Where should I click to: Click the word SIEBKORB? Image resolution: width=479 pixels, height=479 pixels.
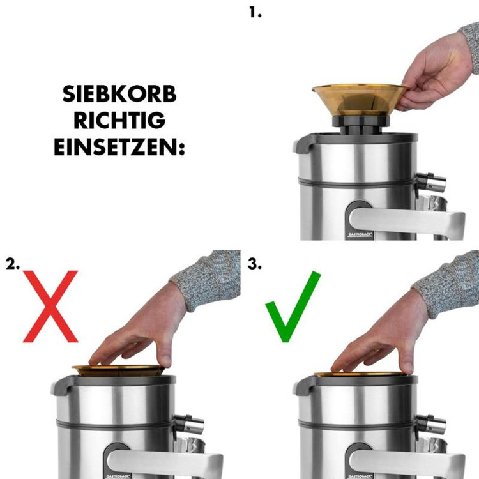[x=119, y=94]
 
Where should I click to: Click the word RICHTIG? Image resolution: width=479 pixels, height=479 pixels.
[x=119, y=121]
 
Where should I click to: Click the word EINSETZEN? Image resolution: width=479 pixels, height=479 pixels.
[x=119, y=148]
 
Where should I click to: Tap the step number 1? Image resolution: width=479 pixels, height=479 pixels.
[x=255, y=13]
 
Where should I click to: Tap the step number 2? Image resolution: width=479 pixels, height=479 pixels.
[x=13, y=264]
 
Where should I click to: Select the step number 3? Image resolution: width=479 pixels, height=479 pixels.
[x=254, y=264]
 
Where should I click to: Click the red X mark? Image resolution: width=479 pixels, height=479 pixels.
[x=50, y=306]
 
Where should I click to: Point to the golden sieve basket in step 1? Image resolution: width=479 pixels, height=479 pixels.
[x=360, y=100]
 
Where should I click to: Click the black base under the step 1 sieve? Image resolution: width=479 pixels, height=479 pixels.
[x=361, y=125]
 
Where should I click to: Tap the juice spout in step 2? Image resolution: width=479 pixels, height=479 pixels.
[x=188, y=424]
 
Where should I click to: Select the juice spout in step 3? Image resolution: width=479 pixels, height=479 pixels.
[x=430, y=424]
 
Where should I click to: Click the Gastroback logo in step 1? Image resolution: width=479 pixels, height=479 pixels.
[x=360, y=234]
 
